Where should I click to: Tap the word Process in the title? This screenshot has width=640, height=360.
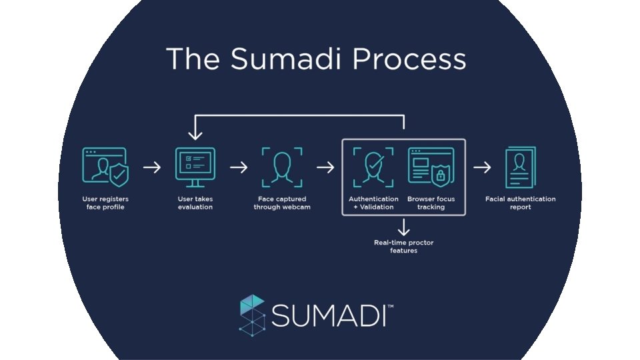coord(409,59)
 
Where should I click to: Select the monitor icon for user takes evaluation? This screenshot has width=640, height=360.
coord(195,164)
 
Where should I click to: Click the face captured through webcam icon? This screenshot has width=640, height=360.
coord(282,167)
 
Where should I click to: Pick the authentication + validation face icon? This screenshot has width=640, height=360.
coord(373,167)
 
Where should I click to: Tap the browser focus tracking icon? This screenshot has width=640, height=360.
coord(430,167)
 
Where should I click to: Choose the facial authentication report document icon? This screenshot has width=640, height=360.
coord(520,167)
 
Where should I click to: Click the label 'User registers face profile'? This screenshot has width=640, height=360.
coord(106,203)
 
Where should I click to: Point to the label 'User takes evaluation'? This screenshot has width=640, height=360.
coord(195,203)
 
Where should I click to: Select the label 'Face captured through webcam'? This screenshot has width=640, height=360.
coord(282,203)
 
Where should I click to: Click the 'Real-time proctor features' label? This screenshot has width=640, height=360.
coord(403,247)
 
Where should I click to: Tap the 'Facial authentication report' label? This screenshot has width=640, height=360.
coord(521,203)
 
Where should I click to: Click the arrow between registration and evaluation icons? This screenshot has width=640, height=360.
coord(152,167)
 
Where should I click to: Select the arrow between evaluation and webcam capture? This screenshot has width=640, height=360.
coord(238,167)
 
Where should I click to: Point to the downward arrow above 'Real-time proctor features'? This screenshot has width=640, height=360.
coord(403,227)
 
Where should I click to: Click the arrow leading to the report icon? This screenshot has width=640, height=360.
coord(481,167)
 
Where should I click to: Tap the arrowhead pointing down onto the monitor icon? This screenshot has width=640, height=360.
coord(195,135)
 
